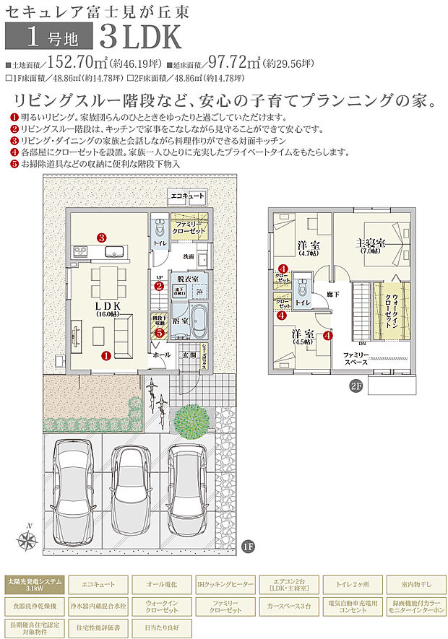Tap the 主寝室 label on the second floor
(x=369, y=245)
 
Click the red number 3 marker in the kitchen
(x=103, y=237)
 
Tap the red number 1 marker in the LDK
(x=105, y=355)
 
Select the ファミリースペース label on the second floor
(x=356, y=357)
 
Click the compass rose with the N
(x=29, y=539)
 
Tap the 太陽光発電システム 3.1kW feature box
(x=34, y=583)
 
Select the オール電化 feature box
(x=158, y=583)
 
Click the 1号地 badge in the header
(x=49, y=34)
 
